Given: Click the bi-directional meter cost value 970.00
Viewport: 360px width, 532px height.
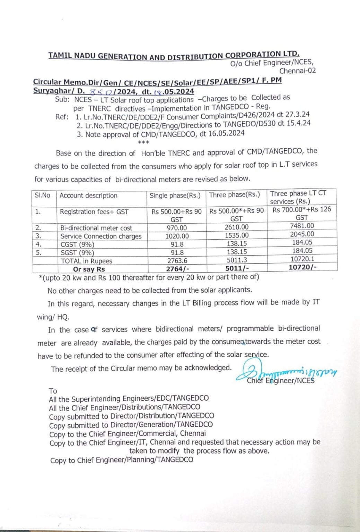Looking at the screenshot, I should pos(177,228).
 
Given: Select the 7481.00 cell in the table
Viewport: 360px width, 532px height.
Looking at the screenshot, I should pos(302,226).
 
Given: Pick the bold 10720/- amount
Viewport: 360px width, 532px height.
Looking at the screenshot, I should pos(302,267).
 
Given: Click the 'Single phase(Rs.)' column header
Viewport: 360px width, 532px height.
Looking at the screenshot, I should pos(175,195).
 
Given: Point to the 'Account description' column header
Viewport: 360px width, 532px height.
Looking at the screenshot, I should pos(88,196).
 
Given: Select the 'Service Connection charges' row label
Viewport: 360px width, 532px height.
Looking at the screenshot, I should pos(101,236).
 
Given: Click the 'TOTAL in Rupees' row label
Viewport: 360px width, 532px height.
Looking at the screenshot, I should pos(86,261).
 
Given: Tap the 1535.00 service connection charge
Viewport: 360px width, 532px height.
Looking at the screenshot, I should pos(237,236).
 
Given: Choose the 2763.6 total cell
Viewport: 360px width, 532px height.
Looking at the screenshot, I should pos(177,260).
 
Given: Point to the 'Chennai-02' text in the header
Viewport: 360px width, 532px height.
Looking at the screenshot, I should pos(297,71).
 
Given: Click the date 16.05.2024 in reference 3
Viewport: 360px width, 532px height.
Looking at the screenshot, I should pos(226,134).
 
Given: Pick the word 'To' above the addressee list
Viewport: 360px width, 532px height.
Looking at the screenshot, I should pos(53,391).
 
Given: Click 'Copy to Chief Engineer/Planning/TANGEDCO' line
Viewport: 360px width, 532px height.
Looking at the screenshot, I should pos(122,460).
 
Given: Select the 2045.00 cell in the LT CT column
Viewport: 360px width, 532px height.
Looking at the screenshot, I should pos(302,234).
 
